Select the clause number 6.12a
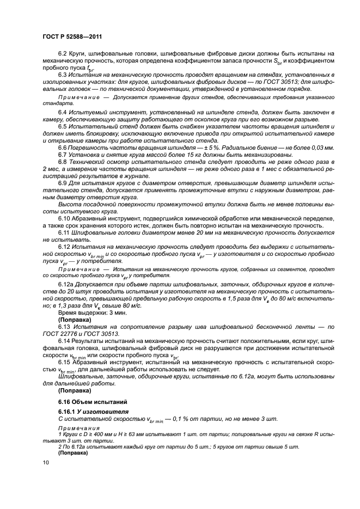(67, 285)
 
